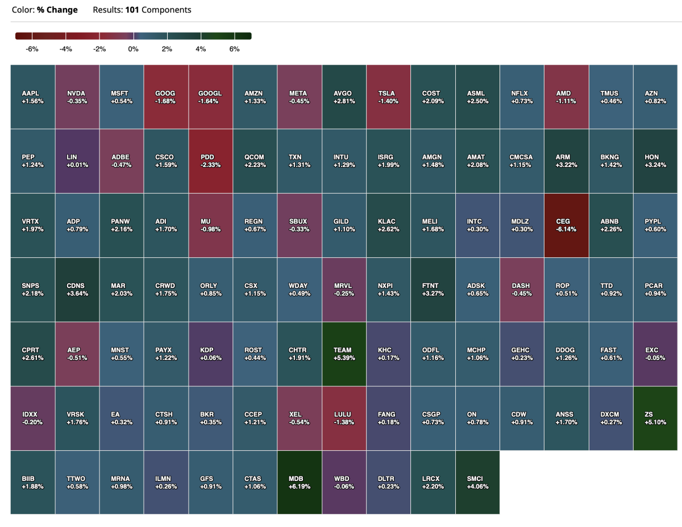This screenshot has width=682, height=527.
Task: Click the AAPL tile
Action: [32, 97]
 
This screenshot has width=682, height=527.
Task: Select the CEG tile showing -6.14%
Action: [566, 225]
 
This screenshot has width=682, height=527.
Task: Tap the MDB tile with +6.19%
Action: [300, 483]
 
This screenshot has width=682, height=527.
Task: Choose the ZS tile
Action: [655, 419]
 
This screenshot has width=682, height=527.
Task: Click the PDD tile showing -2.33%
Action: [210, 161]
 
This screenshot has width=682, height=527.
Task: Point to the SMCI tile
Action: [477, 483]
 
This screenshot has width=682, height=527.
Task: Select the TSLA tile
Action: [388, 97]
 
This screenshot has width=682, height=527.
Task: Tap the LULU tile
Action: [344, 419]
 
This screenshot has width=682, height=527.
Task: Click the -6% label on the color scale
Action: [32, 49]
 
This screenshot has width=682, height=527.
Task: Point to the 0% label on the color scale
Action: [133, 49]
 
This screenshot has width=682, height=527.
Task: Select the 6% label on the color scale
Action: [234, 49]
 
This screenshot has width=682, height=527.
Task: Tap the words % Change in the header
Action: [57, 10]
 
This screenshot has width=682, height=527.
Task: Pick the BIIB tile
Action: [32, 483]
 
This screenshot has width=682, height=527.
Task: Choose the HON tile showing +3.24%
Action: [655, 161]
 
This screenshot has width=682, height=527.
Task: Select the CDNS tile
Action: [77, 290]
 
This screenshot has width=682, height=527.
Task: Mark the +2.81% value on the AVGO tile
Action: [344, 101]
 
